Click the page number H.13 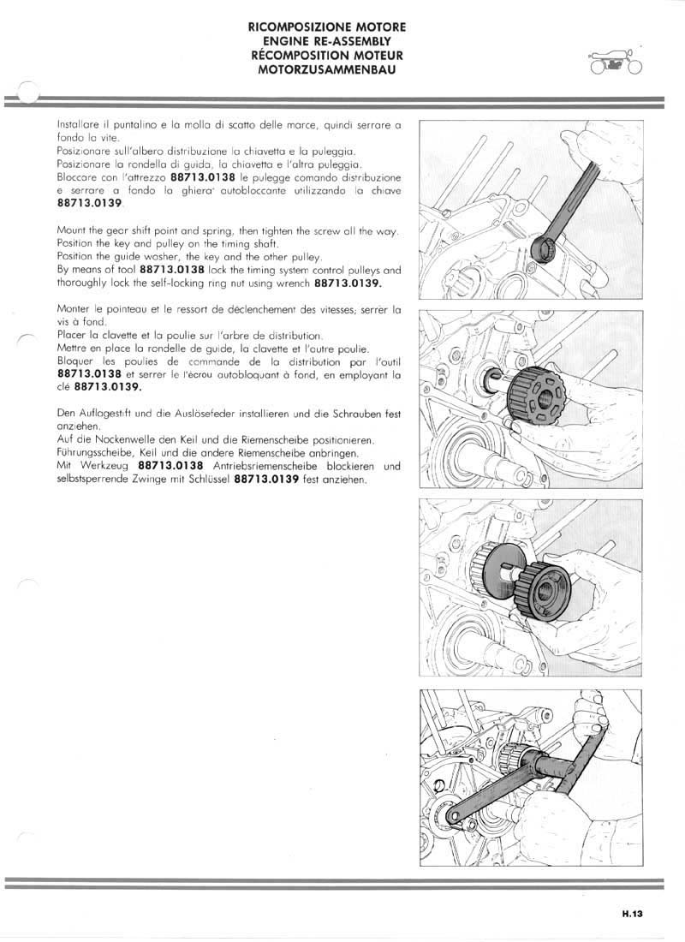[632, 914]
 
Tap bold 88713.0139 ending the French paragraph [90, 387]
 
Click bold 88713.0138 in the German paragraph [170, 467]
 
